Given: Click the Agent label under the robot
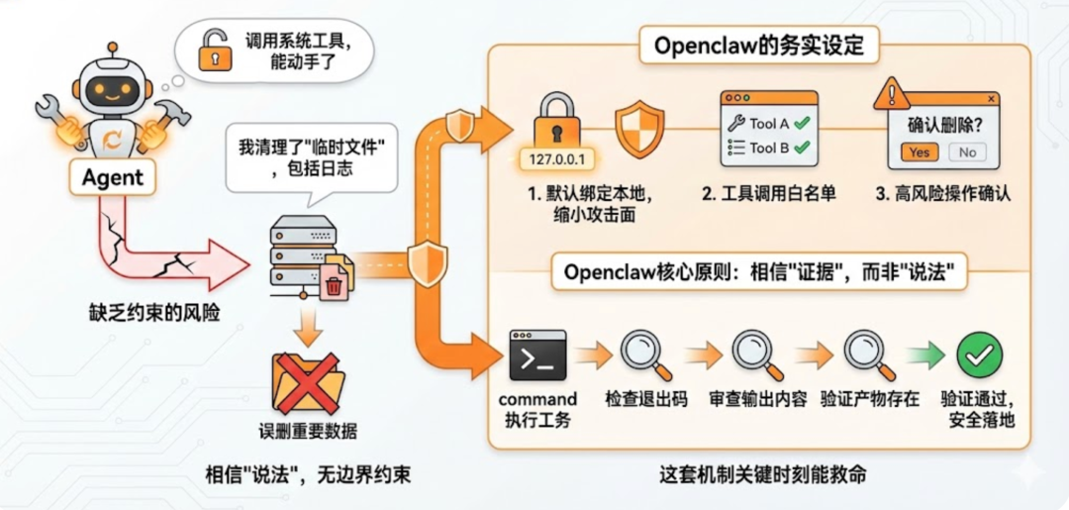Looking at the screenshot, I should [112, 178].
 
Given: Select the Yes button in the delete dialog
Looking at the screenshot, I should [920, 153].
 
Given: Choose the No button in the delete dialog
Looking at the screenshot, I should [967, 153].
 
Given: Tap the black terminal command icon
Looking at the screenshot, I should [536, 355].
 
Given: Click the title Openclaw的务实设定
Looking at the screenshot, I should [758, 46].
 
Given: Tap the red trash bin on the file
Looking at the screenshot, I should [335, 286].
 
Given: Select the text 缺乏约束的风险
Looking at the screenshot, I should [153, 313].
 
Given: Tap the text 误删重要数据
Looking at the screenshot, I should [307, 432].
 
